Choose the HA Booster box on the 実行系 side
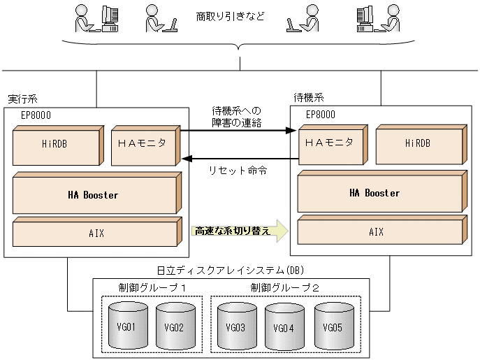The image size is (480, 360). click(94, 196)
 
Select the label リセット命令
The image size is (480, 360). click(237, 170)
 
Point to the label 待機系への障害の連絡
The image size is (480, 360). click(236, 117)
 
